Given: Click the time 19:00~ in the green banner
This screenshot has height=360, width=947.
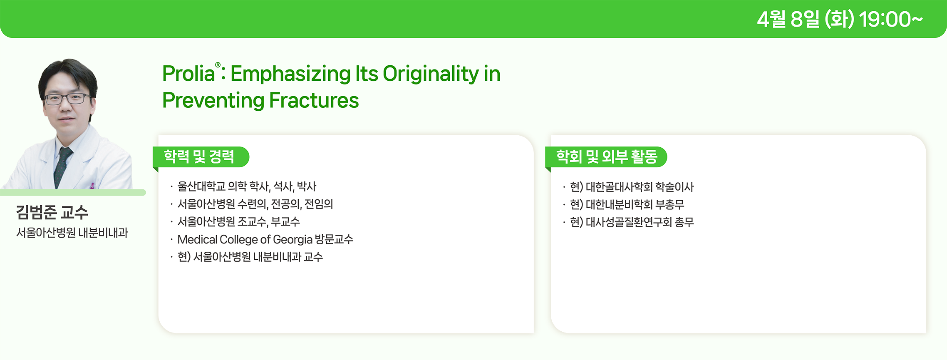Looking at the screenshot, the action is coord(891,20).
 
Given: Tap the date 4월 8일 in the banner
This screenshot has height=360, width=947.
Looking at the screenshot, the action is coord(788,20).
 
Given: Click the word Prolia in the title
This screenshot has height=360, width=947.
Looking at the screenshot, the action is coord(188,74).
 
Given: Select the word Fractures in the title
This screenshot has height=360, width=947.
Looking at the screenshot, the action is coord(314,100).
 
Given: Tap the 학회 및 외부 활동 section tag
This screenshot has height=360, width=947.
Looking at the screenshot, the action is coord(606,157).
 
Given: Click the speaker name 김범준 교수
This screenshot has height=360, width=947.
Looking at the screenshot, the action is coord(52,212).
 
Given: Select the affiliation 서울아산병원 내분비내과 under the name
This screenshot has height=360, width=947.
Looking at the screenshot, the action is coord(72,232).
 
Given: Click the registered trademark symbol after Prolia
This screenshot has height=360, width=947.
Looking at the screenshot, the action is coord(218,65).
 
